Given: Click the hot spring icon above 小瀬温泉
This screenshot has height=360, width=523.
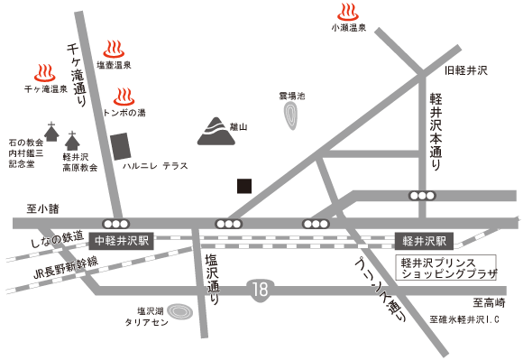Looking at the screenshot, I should pos(346,12).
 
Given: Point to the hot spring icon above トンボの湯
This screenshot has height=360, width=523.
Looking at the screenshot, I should pos(124,96).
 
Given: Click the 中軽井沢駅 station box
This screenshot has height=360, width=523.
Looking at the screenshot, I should pos(124,241).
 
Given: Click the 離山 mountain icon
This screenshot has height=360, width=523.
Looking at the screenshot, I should pos(215,130).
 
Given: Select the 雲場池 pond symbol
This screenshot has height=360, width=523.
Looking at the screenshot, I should pos(291,115).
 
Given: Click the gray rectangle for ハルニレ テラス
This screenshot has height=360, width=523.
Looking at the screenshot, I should pos(120,147).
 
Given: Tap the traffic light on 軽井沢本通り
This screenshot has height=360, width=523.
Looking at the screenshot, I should pos(420,195).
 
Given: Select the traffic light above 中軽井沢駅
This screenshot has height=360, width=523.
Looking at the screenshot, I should pos(115,223).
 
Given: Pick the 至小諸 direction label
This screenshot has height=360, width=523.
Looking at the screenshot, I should pos(41,208).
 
